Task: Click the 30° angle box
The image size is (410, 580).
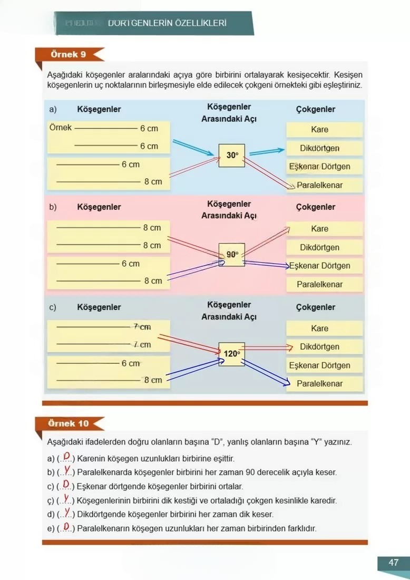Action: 232,155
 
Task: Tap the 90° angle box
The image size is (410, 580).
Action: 232,255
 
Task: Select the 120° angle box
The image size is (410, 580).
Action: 232,354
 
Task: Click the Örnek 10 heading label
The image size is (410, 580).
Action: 69,423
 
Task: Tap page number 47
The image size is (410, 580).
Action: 393,562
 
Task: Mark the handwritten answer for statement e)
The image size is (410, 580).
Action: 66,527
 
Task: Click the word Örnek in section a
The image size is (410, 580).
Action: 60,128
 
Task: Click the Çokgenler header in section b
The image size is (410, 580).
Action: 316,207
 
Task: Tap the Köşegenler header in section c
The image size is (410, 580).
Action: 99,307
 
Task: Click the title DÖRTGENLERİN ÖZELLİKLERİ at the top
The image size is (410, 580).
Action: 167,24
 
